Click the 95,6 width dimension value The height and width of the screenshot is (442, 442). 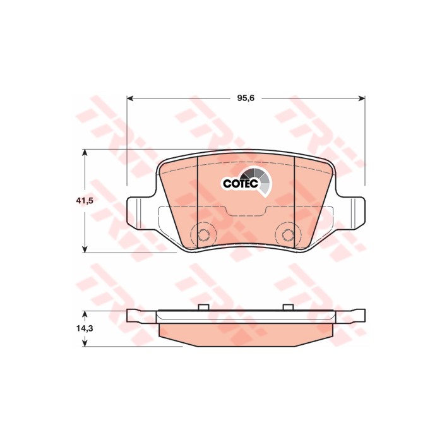coord(246,98)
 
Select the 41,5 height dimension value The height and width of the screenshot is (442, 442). coord(85,201)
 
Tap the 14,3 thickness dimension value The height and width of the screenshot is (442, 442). coord(85,328)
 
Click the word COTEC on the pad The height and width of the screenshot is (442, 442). coord(241,184)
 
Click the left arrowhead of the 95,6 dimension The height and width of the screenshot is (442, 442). coord(129,98)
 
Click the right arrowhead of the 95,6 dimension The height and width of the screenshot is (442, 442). coord(362,98)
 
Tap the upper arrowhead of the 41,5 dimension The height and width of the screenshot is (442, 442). coord(85,153)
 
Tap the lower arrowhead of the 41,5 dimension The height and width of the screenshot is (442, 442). coord(85,249)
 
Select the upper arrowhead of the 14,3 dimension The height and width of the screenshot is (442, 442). coord(85,314)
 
